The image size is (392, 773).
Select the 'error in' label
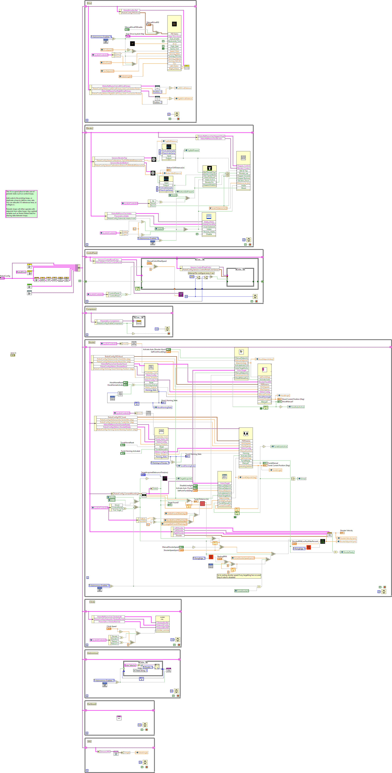[13, 353]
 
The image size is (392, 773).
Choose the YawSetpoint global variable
[108, 71]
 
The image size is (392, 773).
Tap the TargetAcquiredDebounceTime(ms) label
[154, 472]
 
